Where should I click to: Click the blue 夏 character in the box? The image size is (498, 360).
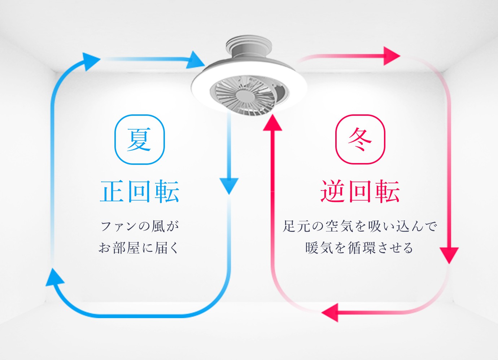139,140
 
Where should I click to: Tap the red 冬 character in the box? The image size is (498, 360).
360,140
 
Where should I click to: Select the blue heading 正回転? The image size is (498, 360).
140,191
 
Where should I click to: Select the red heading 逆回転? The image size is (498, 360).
360,191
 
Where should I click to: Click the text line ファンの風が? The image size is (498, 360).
140,227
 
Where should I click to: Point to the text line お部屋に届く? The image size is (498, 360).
139,248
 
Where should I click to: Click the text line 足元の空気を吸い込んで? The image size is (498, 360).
360,227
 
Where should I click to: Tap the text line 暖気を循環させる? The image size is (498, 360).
359,248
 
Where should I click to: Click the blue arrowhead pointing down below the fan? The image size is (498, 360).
229,185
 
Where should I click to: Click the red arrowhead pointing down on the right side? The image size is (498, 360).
449,255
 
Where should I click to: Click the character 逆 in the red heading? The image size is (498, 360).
333,191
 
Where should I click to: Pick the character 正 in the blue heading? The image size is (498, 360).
113,191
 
